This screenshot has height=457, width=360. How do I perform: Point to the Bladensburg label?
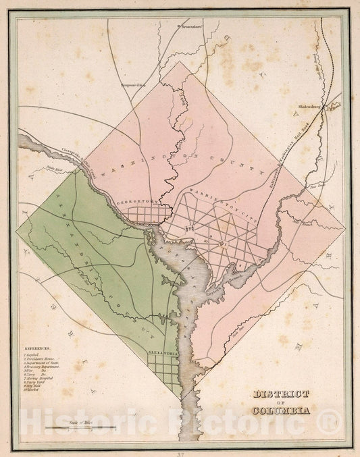click(309, 107)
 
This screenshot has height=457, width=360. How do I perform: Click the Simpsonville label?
click(134, 86)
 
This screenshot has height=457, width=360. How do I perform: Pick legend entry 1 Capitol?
click(32, 355)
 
